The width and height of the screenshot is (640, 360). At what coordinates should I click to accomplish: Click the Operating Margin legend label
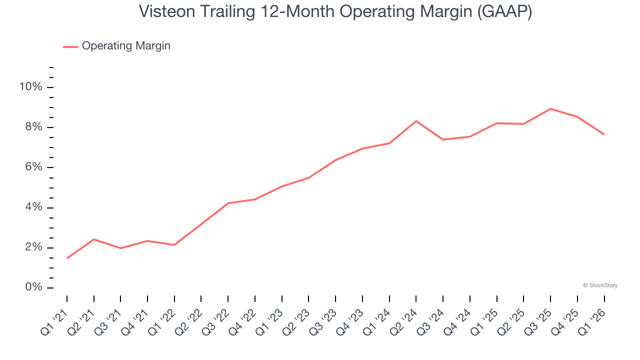(126, 46)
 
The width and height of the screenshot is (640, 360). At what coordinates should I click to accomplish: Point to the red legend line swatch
(70, 46)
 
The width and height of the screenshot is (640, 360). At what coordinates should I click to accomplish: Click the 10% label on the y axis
(30, 87)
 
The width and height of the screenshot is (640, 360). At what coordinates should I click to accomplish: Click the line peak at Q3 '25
(550, 108)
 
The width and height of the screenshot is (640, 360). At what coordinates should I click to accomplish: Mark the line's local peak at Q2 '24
(416, 121)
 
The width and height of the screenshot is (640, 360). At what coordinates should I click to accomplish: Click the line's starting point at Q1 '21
(67, 258)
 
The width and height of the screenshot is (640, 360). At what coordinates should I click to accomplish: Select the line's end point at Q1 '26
(604, 134)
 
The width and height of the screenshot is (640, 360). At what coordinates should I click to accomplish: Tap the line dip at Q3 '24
(443, 139)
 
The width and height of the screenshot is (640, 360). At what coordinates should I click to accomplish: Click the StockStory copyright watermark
(600, 285)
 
